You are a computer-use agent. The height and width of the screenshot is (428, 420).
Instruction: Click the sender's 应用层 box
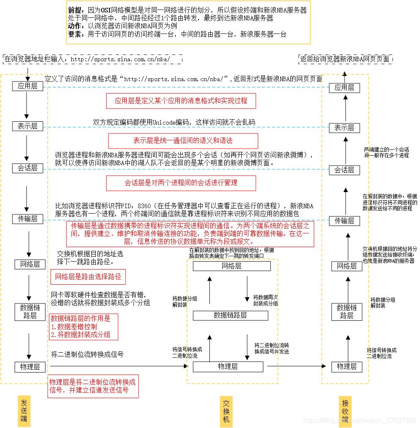(x=27, y=86)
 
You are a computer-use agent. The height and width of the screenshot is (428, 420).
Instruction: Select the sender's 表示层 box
(x=27, y=126)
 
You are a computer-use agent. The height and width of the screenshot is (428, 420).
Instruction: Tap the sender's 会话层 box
(x=27, y=168)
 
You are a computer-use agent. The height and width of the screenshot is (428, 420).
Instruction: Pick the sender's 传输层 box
(x=27, y=219)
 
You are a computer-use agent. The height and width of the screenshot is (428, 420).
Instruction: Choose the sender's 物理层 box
(x=29, y=367)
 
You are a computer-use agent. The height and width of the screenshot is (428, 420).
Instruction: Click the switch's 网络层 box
(x=231, y=266)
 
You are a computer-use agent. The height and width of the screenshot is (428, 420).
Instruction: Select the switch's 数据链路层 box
(x=230, y=315)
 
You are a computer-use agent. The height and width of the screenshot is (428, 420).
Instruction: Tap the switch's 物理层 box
(x=228, y=367)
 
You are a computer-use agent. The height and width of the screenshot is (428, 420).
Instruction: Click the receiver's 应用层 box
(x=344, y=88)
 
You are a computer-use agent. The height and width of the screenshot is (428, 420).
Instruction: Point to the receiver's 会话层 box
(x=344, y=170)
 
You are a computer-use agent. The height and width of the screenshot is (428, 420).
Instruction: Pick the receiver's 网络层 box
(x=347, y=266)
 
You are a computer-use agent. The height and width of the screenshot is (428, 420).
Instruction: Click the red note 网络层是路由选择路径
(x=88, y=277)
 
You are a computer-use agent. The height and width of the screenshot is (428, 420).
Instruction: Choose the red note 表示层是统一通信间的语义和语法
(x=183, y=141)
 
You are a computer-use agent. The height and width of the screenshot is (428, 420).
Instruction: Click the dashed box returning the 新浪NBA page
(x=345, y=59)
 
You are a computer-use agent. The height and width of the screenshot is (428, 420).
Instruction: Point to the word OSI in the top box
(x=104, y=10)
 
